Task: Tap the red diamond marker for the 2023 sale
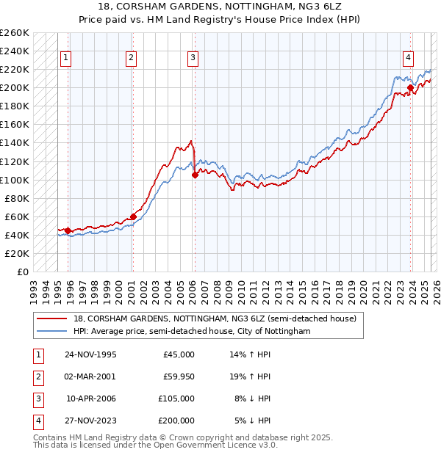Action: [x=409, y=88]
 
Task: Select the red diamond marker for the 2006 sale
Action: [x=195, y=175]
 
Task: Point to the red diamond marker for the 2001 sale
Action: [x=133, y=216]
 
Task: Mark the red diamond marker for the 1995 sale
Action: [x=68, y=230]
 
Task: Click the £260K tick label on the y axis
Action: [x=15, y=33]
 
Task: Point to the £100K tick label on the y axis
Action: [x=15, y=180]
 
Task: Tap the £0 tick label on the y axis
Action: [x=22, y=272]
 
